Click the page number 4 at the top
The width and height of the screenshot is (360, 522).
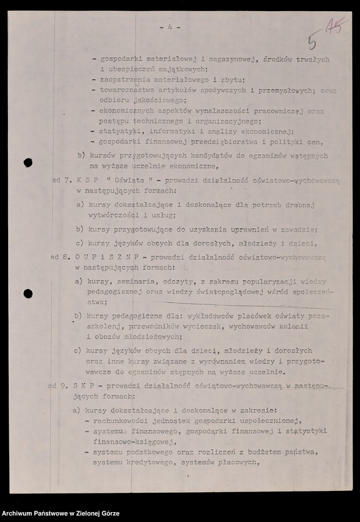point(169,27)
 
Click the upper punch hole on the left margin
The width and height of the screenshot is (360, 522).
point(28,163)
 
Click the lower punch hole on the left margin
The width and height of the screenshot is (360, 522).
point(28,293)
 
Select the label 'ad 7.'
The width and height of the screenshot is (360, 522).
point(62,179)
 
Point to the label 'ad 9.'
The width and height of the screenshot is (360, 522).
point(58,386)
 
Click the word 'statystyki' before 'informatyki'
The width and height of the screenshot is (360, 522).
point(121,130)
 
